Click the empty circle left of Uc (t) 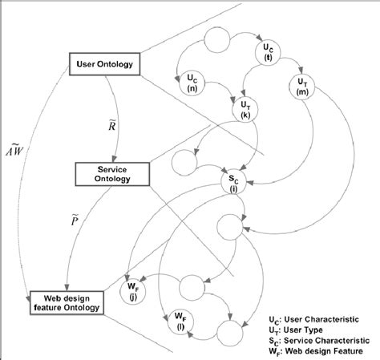218,40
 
